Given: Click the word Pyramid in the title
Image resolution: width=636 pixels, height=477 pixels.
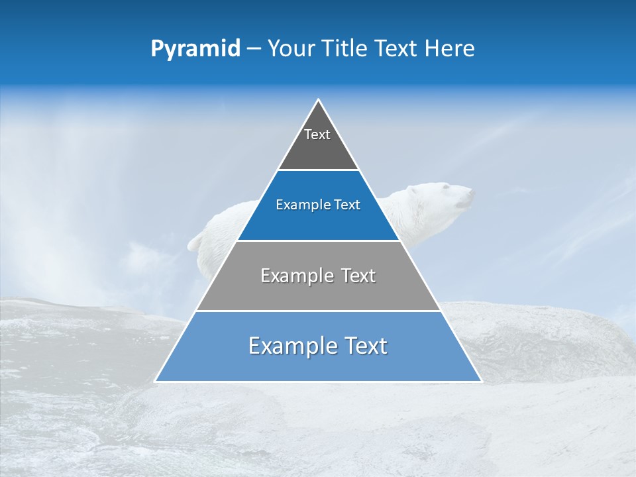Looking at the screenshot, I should click(195, 49).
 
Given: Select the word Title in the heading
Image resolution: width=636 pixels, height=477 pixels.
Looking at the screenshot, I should click(345, 49).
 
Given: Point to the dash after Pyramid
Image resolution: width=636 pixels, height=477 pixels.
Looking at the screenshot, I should click(254, 49).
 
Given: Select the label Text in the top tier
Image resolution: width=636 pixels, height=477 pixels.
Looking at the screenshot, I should click(317, 134).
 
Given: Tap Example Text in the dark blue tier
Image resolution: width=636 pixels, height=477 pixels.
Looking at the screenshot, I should click(318, 205).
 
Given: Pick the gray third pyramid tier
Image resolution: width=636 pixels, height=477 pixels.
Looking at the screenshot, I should click(318, 291).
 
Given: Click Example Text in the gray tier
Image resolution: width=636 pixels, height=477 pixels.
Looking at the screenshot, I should click(318, 276).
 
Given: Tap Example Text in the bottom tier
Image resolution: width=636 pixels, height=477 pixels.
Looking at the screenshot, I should click(318, 346).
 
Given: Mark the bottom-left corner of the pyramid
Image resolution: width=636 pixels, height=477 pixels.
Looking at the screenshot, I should click(156, 381).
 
